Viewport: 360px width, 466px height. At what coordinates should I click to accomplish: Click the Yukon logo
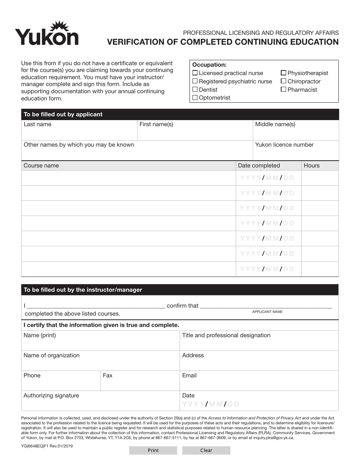coord(47,34)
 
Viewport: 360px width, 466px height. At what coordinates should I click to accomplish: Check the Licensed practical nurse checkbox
coord(195,73)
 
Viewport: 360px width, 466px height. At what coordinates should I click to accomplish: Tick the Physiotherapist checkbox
coord(283,73)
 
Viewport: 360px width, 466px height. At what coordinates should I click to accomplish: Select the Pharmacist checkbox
coord(283,89)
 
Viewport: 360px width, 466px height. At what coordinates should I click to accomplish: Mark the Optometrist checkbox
coord(195,98)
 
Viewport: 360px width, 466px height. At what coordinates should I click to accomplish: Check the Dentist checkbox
coord(195,89)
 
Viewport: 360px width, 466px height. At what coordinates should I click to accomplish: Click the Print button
coord(153,450)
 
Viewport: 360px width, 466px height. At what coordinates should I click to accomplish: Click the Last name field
coord(79,133)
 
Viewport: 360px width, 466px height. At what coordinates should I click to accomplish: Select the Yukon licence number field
coord(296,153)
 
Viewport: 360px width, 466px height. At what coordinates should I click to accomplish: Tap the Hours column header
coord(311,166)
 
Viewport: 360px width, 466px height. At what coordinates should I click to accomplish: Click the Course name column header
coord(41,166)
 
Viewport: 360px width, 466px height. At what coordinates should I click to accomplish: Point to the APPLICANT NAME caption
coord(267,312)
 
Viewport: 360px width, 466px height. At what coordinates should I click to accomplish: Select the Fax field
coord(139,383)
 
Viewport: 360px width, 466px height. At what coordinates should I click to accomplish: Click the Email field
coord(259,383)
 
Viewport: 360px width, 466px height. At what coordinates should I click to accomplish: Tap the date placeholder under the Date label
coord(211,404)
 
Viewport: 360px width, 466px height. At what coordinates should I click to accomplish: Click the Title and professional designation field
coord(259,343)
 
